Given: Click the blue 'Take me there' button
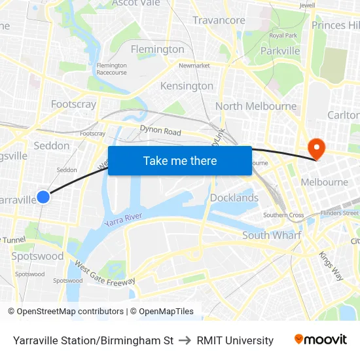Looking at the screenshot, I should pos(180,160).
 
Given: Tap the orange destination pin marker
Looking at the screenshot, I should pos(315,149).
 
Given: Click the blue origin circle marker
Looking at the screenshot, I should pos(43,196).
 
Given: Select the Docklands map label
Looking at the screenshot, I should pos(234,198).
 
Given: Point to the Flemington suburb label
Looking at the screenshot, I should pos(157,50).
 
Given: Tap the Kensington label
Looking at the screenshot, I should pos(187,86).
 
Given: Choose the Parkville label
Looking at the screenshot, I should pos(279,50).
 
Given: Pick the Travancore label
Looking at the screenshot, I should pos(219,20).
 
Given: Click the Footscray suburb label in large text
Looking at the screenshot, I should pos(73,104).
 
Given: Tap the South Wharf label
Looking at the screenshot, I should pos(272,235).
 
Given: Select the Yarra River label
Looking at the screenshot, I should pos(123,220).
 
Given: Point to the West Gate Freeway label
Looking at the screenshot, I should pos(105,274).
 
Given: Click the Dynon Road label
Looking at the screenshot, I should pos(160,132).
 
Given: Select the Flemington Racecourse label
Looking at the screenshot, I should pos(111,69).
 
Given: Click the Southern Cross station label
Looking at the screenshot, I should pos(283,215).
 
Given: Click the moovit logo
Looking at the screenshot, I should pos(321,339).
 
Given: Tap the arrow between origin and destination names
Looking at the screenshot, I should pos(185,340).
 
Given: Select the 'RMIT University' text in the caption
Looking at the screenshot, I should pos(235,340).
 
